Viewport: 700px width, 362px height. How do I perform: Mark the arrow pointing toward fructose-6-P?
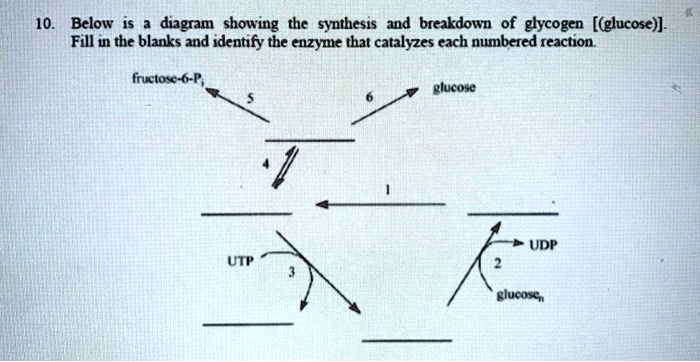point(238,104)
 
